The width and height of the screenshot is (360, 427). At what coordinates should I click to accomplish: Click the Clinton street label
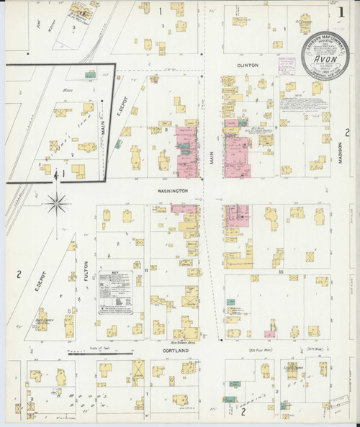click(247, 64)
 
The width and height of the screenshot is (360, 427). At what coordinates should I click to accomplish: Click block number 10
click(282, 272)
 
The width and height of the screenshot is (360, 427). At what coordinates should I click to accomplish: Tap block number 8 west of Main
click(166, 130)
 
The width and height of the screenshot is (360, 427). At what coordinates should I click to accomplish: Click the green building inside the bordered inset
click(91, 73)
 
